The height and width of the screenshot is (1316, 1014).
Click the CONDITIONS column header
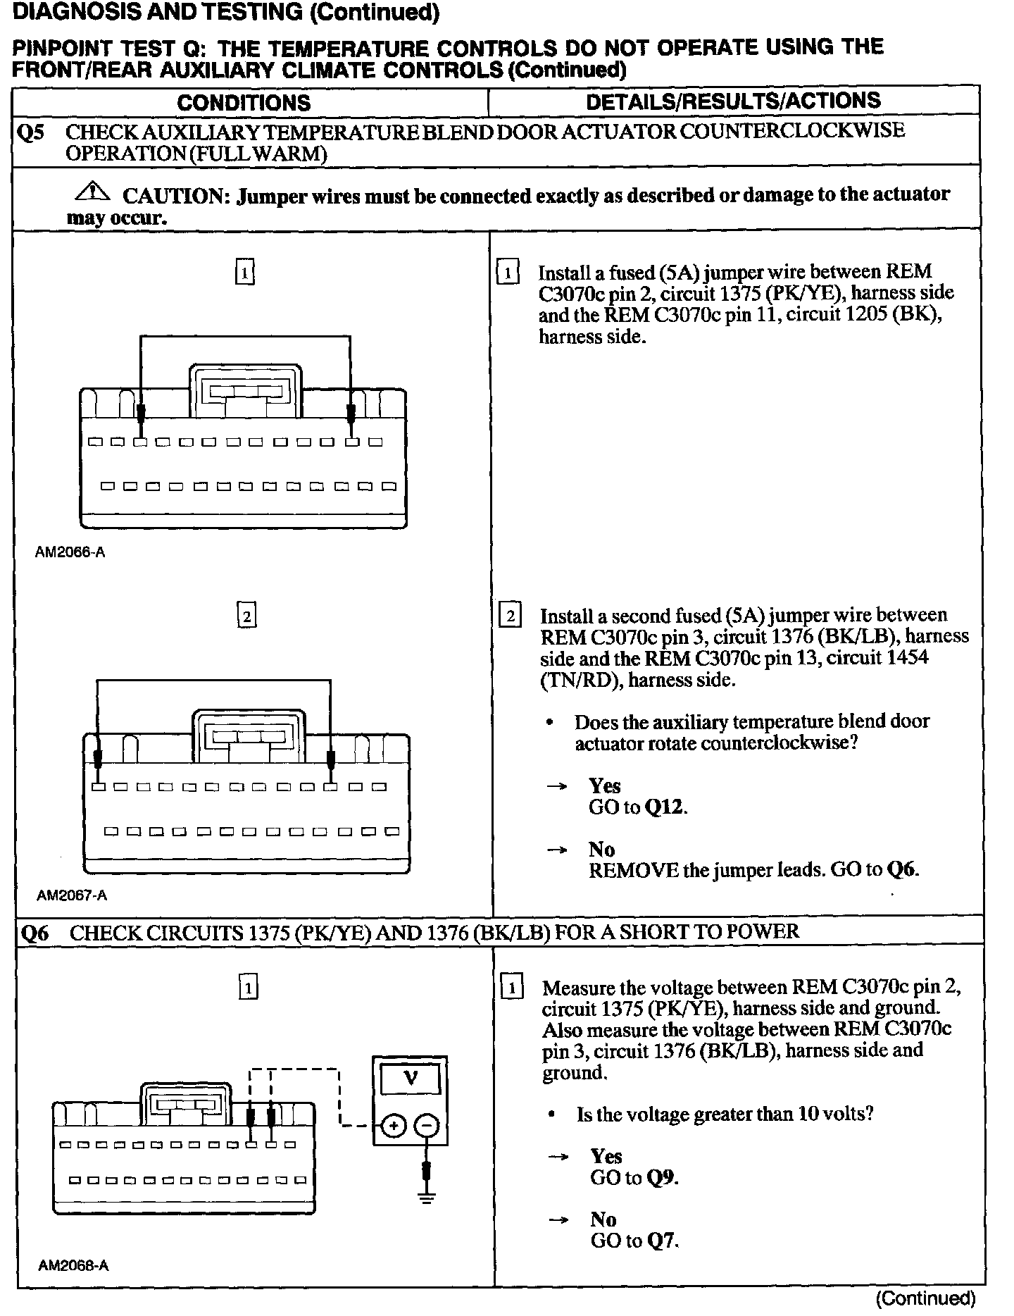pos(244,103)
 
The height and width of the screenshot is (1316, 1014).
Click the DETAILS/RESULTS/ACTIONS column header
pos(733,101)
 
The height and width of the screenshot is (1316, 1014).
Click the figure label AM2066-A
pos(70,552)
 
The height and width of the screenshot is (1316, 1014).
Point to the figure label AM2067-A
pos(72,895)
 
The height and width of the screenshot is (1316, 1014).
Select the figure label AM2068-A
pos(73,1265)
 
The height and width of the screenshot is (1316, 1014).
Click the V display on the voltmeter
pos(411,1077)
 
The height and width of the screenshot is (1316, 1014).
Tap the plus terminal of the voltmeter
pos(394,1126)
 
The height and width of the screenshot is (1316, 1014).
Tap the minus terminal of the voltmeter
pos(426,1126)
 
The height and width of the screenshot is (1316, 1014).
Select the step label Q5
pos(32,132)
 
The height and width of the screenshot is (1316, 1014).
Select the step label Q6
pos(35,933)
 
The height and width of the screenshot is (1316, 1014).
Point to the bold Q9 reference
pos(663,1177)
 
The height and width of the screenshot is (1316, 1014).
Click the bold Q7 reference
pos(663,1241)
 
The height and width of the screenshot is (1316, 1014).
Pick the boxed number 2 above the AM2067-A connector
pos(246,616)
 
